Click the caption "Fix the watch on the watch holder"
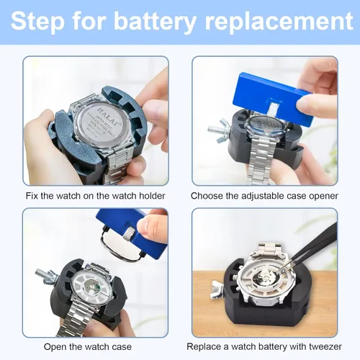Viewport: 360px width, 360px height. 95,196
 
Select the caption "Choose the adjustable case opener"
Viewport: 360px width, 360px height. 263,196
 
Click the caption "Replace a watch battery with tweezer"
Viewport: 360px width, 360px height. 263,346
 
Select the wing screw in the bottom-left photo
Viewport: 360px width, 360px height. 45,275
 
